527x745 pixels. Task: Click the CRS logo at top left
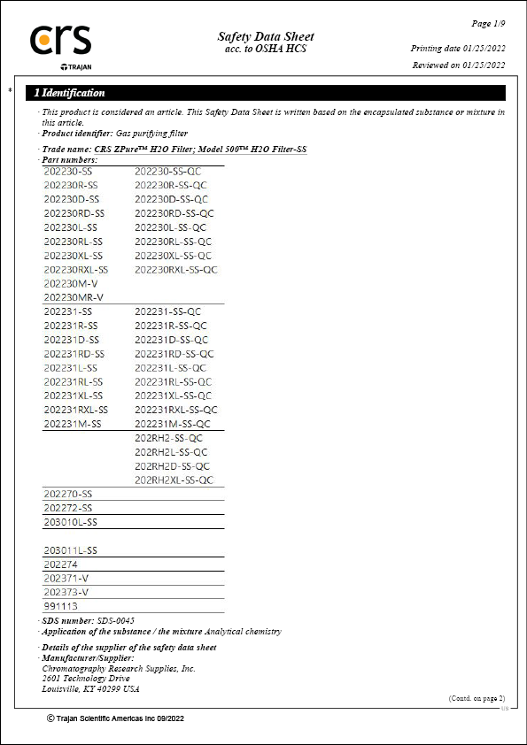point(60,42)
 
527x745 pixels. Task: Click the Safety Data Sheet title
point(266,36)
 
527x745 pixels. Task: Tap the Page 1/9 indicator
point(488,22)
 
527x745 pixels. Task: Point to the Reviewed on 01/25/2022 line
point(459,65)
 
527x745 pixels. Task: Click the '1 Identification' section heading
point(69,93)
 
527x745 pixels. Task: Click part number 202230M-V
point(71,283)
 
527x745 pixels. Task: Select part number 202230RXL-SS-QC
point(176,269)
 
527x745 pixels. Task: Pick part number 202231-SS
point(67,311)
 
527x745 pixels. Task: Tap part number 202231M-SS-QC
point(174,424)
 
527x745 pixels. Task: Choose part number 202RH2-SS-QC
point(168,438)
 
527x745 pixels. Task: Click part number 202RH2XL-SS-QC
point(174,480)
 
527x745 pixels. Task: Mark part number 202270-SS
point(67,494)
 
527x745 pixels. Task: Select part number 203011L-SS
point(70,550)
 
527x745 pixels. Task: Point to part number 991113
point(60,606)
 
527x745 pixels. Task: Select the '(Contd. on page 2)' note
point(477,698)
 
